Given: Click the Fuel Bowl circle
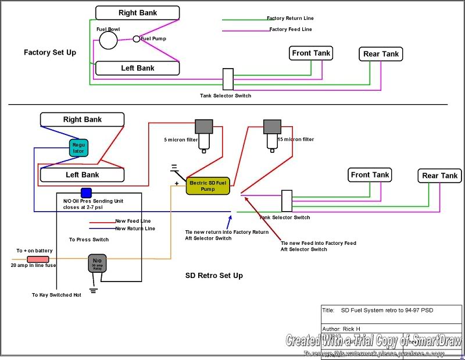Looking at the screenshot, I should (108, 40).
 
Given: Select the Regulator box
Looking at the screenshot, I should (78, 148).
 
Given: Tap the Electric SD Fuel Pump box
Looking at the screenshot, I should (208, 186).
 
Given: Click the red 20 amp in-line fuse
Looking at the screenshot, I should (38, 259).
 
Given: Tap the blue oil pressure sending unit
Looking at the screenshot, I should (86, 193).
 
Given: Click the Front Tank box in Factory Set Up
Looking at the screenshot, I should (311, 54).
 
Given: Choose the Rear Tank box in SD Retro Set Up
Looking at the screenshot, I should (440, 176).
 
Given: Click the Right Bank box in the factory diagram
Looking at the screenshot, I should (137, 13).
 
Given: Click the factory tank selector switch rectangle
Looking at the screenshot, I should (228, 79).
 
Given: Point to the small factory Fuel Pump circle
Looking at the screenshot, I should (137, 39).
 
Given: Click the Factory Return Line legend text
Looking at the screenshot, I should (291, 19).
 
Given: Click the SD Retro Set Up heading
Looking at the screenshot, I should (210, 275).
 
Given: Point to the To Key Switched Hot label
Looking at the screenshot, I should (56, 295).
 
